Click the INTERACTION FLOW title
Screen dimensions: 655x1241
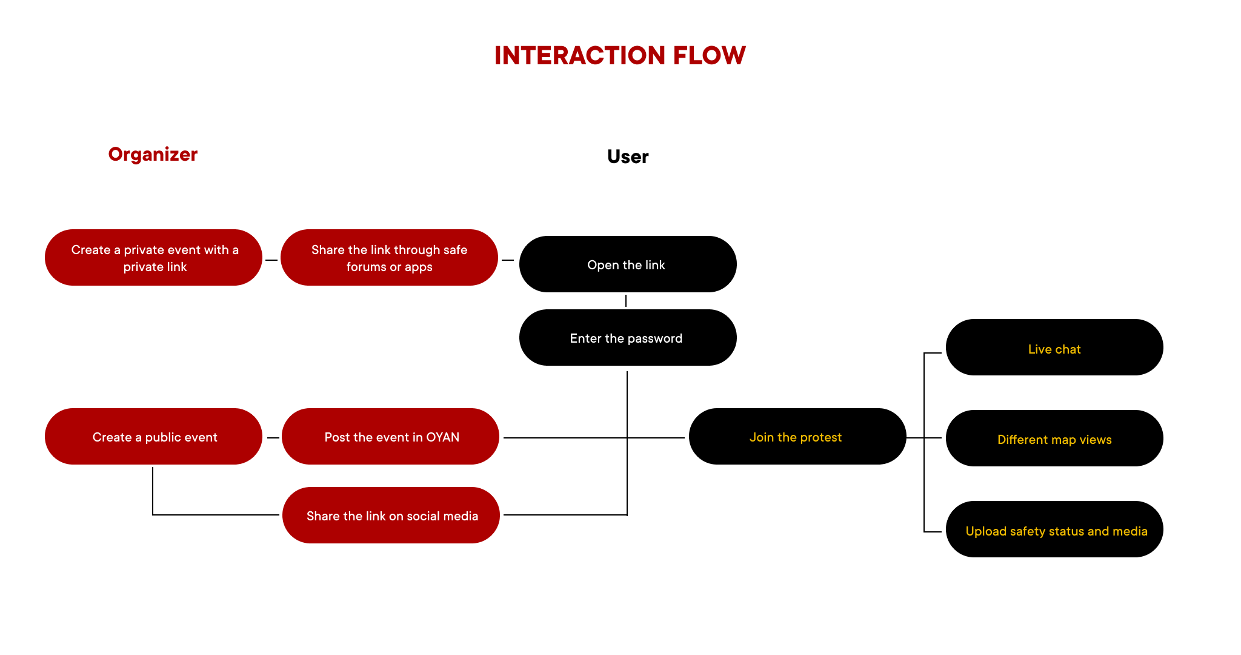click(620, 56)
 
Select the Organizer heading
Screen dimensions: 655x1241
click(153, 155)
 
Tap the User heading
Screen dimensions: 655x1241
click(628, 157)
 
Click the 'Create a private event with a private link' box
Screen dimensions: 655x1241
click(154, 258)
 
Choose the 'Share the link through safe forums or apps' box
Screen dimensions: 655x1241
click(389, 258)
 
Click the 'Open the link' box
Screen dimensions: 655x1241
click(628, 264)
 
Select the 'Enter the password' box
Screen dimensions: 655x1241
click(628, 338)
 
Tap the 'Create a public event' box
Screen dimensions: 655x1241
click(154, 437)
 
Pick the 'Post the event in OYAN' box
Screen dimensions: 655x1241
click(391, 437)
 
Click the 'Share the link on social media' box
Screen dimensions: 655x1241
click(391, 516)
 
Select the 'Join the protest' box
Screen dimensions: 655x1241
click(797, 437)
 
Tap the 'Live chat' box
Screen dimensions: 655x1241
click(1054, 348)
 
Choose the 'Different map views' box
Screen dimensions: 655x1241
click(1054, 438)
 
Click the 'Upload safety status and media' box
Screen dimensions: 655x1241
click(1054, 529)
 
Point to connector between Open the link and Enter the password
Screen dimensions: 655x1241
click(626, 301)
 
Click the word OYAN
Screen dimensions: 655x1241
click(442, 437)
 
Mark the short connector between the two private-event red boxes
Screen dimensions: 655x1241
click(271, 260)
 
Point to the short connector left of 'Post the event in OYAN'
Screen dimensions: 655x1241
click(273, 437)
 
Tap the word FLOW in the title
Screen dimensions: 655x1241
click(709, 56)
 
